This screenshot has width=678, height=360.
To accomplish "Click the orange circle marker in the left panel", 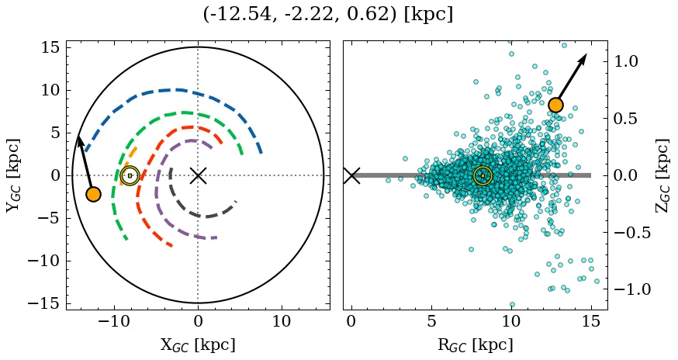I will [93, 194].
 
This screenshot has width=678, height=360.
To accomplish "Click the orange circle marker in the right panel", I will [555, 106].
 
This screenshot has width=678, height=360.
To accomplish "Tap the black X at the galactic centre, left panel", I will [198, 175].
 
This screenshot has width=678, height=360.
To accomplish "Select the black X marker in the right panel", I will [351, 175].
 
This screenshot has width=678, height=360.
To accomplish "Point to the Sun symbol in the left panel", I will [130, 176].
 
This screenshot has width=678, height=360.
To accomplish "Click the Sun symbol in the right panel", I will [483, 176].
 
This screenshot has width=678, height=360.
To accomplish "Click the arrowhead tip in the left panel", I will [78, 136].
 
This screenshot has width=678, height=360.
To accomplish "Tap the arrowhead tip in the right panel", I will [586, 55].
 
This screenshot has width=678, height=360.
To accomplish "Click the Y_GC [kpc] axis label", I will [12, 175].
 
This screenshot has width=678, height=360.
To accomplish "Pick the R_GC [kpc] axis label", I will [475, 344].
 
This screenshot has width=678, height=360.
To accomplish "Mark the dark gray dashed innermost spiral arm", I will [203, 215].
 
